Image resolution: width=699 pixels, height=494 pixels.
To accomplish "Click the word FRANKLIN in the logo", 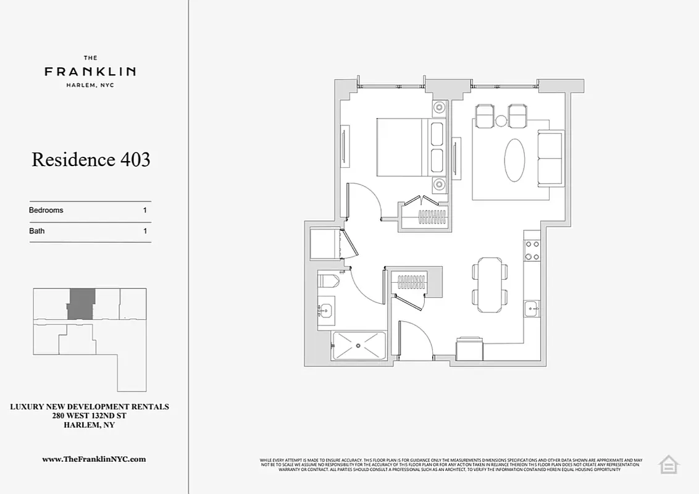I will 90,72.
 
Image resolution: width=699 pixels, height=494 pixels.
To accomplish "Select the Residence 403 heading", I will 91,160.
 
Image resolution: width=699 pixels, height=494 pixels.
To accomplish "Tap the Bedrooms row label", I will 46,210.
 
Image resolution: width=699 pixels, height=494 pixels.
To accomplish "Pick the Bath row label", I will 37,231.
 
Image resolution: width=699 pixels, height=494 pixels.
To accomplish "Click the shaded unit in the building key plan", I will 81,303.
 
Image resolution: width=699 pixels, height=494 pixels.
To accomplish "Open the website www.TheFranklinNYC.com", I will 94,459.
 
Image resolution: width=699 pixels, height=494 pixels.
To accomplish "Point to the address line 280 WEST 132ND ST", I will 90,416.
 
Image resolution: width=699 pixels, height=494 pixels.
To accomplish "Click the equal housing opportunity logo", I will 668,464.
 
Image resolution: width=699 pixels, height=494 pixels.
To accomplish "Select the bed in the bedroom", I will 408,148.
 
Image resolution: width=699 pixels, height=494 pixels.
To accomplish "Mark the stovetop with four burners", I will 532,250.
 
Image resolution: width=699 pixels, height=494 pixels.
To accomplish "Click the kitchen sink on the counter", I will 532,308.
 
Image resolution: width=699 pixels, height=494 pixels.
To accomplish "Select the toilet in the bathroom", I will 328,281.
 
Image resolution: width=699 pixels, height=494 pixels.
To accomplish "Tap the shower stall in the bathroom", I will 359,346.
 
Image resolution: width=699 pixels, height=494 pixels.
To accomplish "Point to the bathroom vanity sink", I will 326,310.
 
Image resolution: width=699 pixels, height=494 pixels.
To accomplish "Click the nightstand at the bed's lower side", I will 439,184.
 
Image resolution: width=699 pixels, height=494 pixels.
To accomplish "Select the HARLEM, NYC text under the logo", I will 90,85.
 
